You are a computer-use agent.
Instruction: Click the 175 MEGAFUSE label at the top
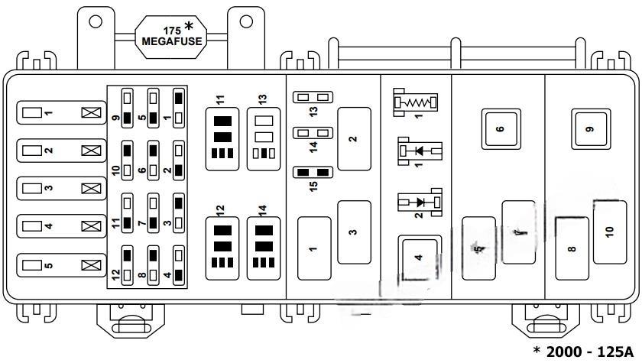[x=172, y=36]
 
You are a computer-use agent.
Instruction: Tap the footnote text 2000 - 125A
[x=585, y=351]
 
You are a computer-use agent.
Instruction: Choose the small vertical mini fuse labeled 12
[x=128, y=264]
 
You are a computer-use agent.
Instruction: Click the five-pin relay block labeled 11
[x=223, y=138]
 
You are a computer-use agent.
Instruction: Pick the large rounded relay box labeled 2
[x=353, y=138]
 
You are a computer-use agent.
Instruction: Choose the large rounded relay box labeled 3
[x=353, y=232]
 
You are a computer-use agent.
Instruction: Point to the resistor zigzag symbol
[x=414, y=101]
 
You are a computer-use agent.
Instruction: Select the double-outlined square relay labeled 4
[x=418, y=258]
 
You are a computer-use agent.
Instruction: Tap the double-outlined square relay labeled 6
[x=500, y=128]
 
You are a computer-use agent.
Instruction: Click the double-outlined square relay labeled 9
[x=589, y=128]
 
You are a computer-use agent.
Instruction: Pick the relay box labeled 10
[x=609, y=231]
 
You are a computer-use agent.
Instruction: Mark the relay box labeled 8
[x=572, y=248]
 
